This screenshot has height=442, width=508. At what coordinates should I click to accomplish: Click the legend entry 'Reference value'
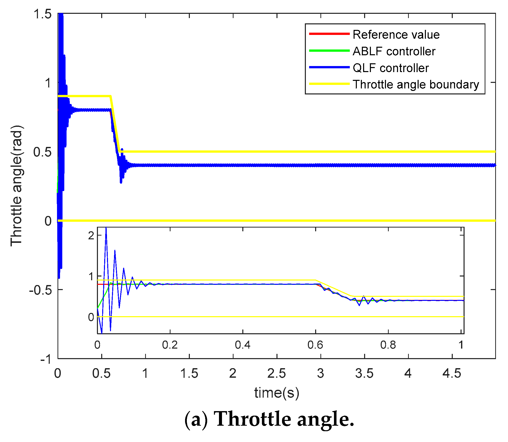point(396,35)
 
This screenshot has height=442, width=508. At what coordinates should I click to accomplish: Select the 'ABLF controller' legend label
point(394,51)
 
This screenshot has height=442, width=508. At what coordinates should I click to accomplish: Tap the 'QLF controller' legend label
point(390,68)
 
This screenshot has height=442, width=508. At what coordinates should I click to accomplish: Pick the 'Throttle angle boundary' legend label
point(416,84)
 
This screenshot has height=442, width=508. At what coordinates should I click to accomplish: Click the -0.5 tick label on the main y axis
point(40,290)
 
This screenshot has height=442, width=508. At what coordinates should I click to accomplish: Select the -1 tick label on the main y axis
point(46,359)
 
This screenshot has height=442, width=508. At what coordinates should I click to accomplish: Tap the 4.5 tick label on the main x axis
point(452,373)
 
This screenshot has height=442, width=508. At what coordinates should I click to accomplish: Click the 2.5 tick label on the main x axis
point(276,373)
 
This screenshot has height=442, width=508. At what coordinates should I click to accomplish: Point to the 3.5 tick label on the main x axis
point(364,373)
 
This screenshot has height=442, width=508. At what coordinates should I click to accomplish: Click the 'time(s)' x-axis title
point(277,393)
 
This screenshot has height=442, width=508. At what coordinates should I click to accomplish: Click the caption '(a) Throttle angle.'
point(269,419)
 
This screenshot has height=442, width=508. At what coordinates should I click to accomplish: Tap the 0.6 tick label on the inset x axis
point(315,345)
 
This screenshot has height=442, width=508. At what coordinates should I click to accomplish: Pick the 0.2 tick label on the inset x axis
point(170,345)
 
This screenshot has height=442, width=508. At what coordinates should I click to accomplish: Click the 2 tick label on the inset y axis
point(91,236)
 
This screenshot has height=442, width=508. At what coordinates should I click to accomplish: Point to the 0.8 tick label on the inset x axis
point(388,345)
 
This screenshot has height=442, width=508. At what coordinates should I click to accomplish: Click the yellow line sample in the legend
point(329,84)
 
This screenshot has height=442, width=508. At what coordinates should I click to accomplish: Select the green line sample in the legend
point(329,51)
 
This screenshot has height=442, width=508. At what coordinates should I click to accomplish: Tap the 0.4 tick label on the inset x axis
point(243,345)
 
